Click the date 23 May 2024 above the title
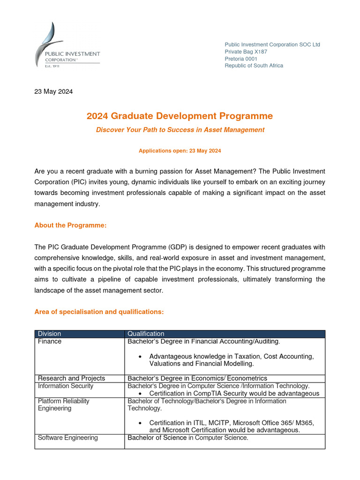point(53,91)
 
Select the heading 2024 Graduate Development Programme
point(180,116)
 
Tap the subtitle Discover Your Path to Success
point(180,129)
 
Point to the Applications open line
point(180,151)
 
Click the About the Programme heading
point(71,225)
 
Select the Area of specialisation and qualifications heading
point(99,312)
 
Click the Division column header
point(50,334)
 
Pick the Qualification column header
point(146,334)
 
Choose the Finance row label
point(50,342)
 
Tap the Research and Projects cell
point(71,378)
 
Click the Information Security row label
point(66,386)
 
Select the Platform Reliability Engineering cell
point(63,405)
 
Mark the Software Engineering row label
point(68,438)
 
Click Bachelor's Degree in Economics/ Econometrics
point(197,378)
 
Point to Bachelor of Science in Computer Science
point(188,438)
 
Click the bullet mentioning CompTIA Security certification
point(234,393)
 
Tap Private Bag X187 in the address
point(246,52)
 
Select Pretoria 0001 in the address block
point(241,59)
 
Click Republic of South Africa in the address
point(254,66)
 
